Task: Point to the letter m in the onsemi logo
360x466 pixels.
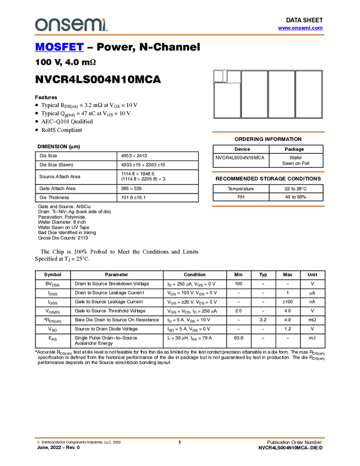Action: (x=92, y=25)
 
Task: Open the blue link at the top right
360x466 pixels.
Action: (x=300, y=28)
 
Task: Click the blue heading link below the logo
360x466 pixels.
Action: (x=59, y=48)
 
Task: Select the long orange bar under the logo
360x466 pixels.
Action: (x=179, y=35)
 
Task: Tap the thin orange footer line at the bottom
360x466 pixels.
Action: (x=179, y=438)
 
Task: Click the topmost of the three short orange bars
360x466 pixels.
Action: (x=268, y=132)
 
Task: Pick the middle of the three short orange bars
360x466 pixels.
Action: (x=268, y=172)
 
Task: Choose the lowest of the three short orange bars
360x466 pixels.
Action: (x=268, y=206)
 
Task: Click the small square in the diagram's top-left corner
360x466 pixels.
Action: (x=218, y=76)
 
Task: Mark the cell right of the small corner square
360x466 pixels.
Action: (x=233, y=76)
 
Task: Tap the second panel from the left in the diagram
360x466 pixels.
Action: (x=254, y=94)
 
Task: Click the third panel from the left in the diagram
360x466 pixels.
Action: (x=281, y=94)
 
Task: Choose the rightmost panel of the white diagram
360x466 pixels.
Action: (x=308, y=94)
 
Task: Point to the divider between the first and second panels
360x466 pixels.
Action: (x=241, y=94)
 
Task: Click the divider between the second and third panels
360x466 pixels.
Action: (x=268, y=94)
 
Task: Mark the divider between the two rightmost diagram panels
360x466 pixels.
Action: (x=295, y=94)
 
